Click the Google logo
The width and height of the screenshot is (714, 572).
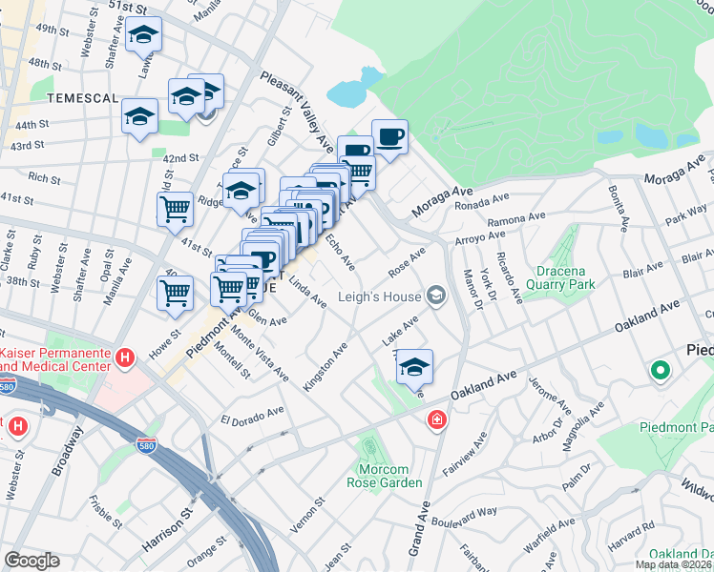pyautogui.click(x=31, y=561)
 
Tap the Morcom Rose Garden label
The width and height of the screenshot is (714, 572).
pyautogui.click(x=389, y=476)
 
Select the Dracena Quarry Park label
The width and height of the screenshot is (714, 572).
pyautogui.click(x=553, y=276)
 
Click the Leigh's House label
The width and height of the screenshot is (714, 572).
pyautogui.click(x=379, y=296)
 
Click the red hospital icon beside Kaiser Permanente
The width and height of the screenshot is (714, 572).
pyautogui.click(x=123, y=357)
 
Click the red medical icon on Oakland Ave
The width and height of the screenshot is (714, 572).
pyautogui.click(x=437, y=419)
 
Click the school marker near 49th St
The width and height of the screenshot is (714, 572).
pyautogui.click(x=143, y=35)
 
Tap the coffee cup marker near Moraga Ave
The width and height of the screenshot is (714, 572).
pyautogui.click(x=388, y=136)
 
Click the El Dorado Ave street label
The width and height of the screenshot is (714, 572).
pyautogui.click(x=253, y=418)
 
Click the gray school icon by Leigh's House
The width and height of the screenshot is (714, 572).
pyautogui.click(x=436, y=296)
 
